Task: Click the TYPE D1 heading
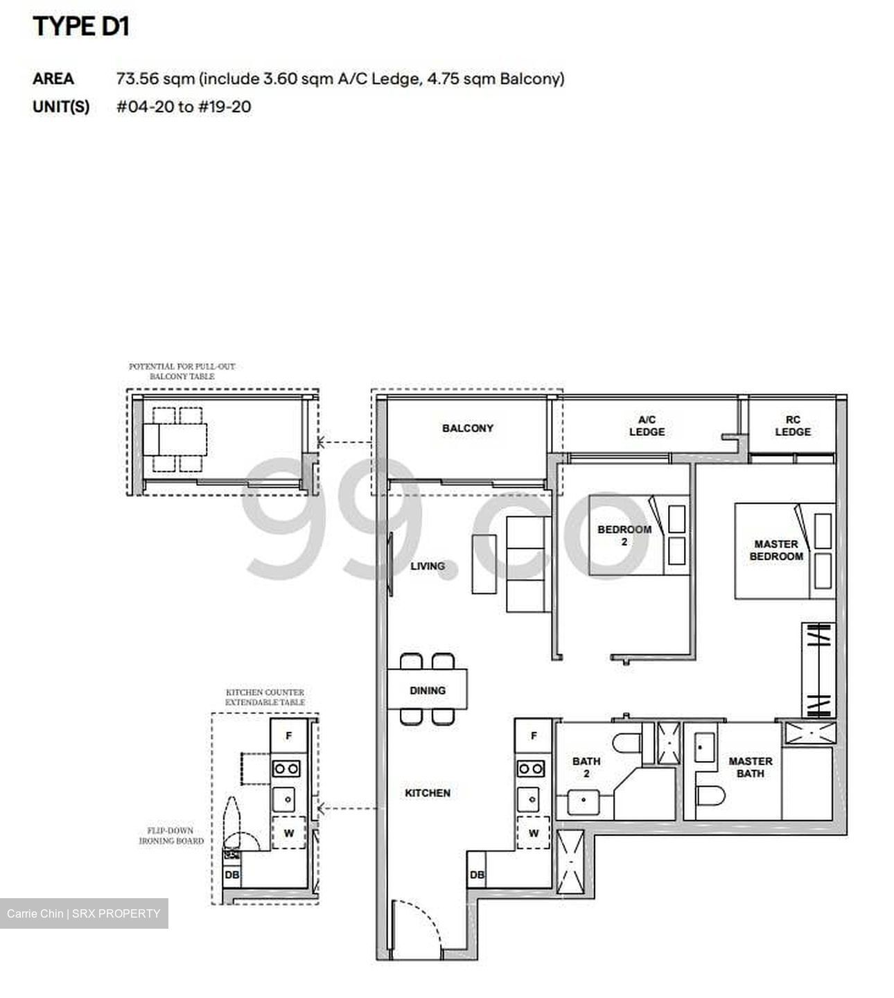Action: pyautogui.click(x=81, y=26)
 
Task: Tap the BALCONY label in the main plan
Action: pyautogui.click(x=468, y=428)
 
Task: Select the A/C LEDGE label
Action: pyautogui.click(x=647, y=426)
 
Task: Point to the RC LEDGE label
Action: pyautogui.click(x=793, y=426)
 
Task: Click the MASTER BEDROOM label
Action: pyautogui.click(x=776, y=550)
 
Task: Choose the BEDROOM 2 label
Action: pyautogui.click(x=624, y=535)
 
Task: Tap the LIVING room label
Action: pyautogui.click(x=427, y=566)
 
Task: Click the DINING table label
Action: pyautogui.click(x=427, y=690)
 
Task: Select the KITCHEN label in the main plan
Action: pyautogui.click(x=427, y=793)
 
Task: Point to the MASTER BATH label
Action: pyautogui.click(x=750, y=767)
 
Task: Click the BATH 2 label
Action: pyautogui.click(x=586, y=767)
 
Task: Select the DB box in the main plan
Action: pyautogui.click(x=477, y=875)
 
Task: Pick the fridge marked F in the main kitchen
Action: pyautogui.click(x=533, y=736)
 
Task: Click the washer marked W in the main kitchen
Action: pyautogui.click(x=533, y=833)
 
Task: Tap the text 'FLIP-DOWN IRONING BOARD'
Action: pyautogui.click(x=170, y=836)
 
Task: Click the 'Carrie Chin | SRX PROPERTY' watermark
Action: pyautogui.click(x=83, y=913)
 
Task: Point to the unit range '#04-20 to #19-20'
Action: pyautogui.click(x=184, y=107)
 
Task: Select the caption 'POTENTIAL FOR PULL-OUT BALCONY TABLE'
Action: pyautogui.click(x=182, y=371)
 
